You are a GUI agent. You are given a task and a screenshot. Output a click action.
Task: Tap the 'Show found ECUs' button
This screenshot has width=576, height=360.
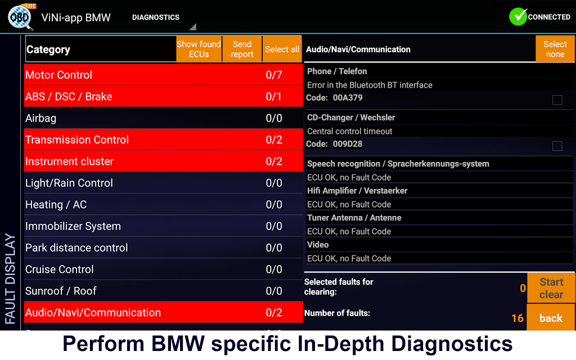pyautogui.click(x=199, y=49)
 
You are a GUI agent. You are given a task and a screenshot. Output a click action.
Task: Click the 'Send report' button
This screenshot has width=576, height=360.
pyautogui.click(x=242, y=49)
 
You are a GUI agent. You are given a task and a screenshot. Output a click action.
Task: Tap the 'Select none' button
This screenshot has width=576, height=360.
pyautogui.click(x=555, y=49)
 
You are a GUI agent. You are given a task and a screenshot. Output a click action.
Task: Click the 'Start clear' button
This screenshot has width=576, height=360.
pyautogui.click(x=551, y=288)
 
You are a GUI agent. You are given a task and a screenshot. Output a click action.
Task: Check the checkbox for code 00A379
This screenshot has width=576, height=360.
pyautogui.click(x=557, y=100)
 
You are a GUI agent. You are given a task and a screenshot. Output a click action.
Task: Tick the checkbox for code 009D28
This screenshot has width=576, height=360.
pyautogui.click(x=557, y=146)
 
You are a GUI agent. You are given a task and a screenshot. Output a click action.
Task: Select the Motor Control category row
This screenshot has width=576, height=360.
pyautogui.click(x=163, y=75)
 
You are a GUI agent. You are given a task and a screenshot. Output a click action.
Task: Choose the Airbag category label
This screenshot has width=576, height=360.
pyautogui.click(x=41, y=118)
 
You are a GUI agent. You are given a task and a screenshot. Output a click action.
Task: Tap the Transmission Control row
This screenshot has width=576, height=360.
pyautogui.click(x=163, y=139)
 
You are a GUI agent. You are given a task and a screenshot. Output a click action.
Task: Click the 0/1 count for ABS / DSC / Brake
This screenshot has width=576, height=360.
pyautogui.click(x=274, y=97)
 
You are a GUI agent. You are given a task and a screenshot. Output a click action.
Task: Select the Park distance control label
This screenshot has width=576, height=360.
pyautogui.click(x=76, y=247)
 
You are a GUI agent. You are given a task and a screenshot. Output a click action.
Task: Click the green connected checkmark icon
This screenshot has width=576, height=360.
pyautogui.click(x=517, y=17)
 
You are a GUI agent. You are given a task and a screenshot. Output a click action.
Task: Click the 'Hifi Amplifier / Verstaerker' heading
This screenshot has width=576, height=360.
pyautogui.click(x=357, y=191)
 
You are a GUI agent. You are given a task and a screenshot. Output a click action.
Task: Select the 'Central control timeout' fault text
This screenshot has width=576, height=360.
pyautogui.click(x=350, y=131)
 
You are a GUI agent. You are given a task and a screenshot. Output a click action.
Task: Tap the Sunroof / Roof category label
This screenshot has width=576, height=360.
pyautogui.click(x=61, y=291)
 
